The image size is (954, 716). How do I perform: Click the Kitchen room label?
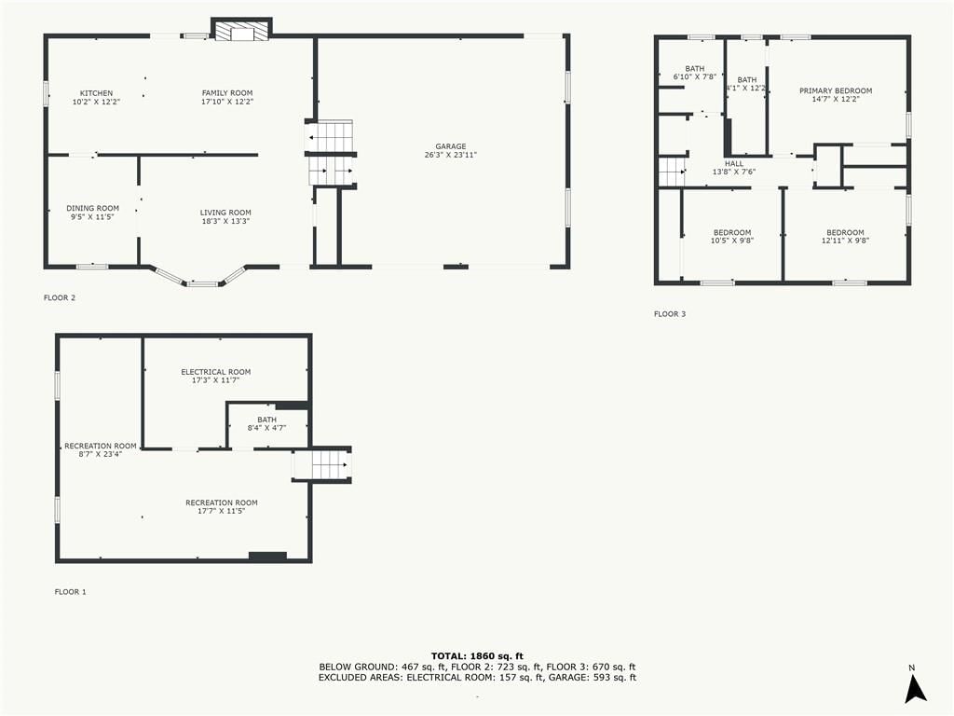pyautogui.click(x=96, y=93)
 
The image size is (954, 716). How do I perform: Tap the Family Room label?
pyautogui.click(x=227, y=93)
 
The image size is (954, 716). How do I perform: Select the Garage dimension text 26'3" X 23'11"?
pyautogui.click(x=451, y=155)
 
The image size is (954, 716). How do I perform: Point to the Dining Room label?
pyautogui.click(x=93, y=208)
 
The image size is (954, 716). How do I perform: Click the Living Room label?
pyautogui.click(x=225, y=213)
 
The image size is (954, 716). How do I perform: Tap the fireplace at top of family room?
pyautogui.click(x=241, y=31)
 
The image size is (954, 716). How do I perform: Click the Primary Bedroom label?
pyautogui.click(x=836, y=90)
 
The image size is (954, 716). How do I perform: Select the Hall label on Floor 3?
pyautogui.click(x=734, y=164)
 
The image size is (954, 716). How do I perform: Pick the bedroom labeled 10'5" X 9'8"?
pyautogui.click(x=732, y=236)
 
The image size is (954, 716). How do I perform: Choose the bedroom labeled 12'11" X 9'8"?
pyautogui.click(x=845, y=236)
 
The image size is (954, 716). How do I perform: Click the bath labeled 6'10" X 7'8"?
pyautogui.click(x=695, y=73)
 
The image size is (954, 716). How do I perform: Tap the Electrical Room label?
pyautogui.click(x=216, y=372)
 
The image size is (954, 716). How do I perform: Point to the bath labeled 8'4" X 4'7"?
pyautogui.click(x=267, y=424)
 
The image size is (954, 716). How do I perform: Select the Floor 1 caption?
pyautogui.click(x=71, y=592)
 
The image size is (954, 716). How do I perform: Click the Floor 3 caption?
pyautogui.click(x=670, y=314)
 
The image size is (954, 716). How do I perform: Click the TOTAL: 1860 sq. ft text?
pyautogui.click(x=477, y=655)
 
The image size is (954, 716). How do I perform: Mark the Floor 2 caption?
pyautogui.click(x=60, y=297)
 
